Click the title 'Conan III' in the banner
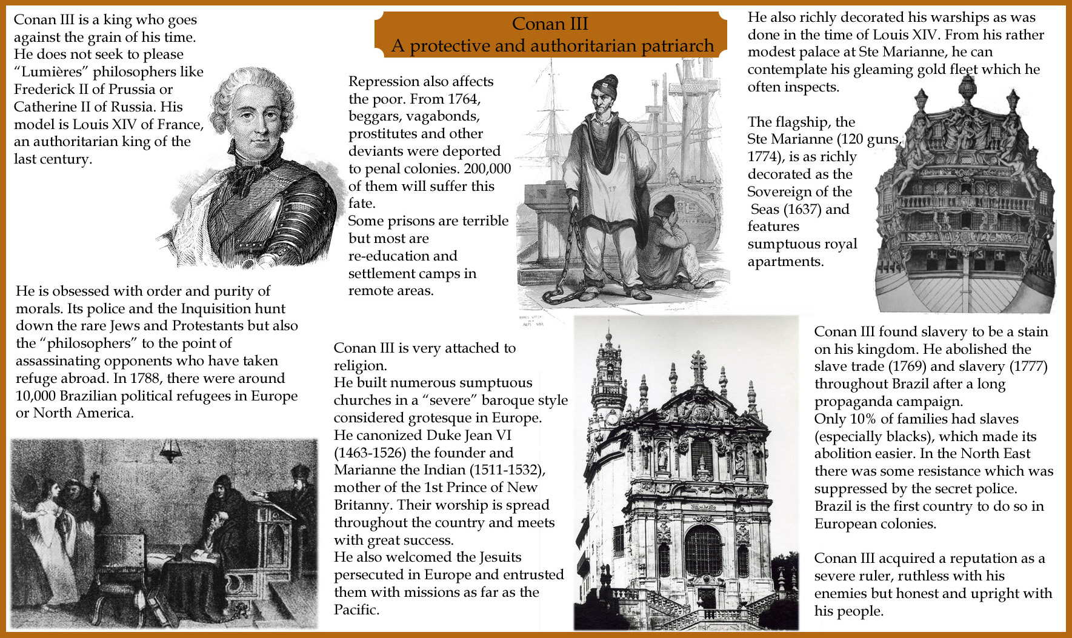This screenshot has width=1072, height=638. click(x=550, y=24)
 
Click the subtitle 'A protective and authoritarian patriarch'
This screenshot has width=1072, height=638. click(x=552, y=45)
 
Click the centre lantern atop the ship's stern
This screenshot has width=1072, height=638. click(x=967, y=88)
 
